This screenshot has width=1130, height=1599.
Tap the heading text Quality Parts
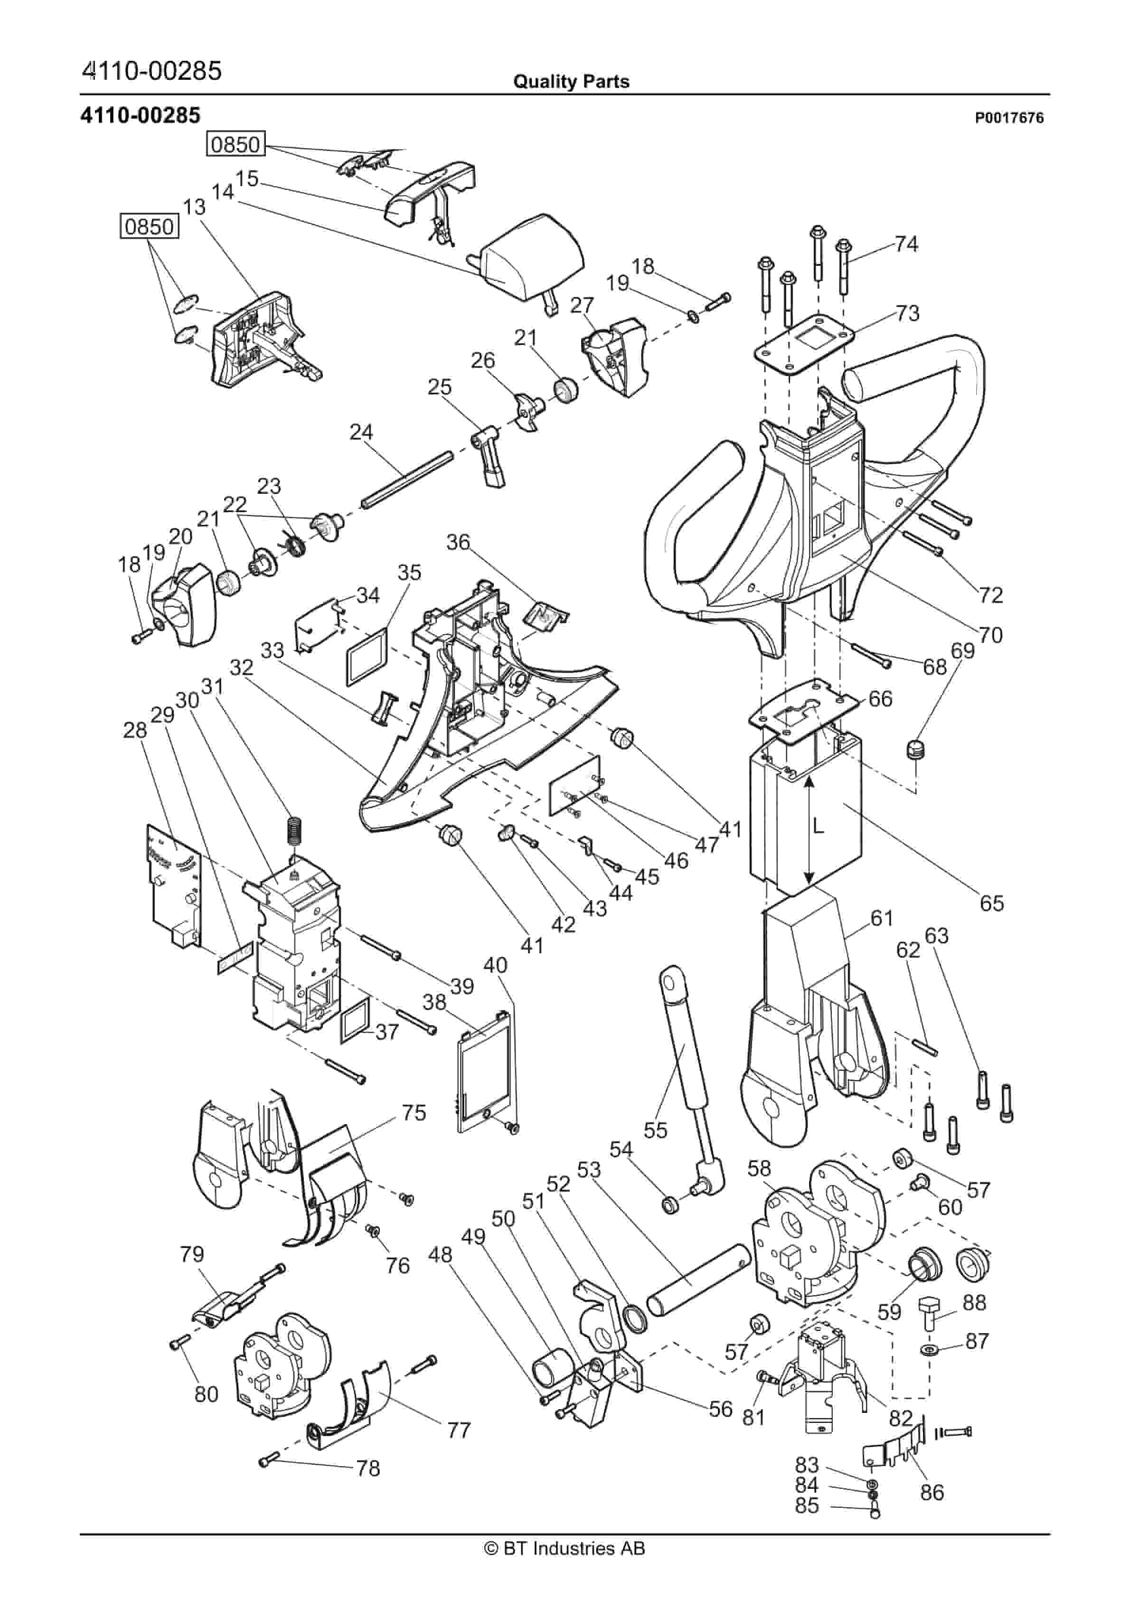click(x=571, y=82)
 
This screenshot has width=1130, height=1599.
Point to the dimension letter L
click(x=819, y=827)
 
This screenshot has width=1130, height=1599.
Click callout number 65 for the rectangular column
click(x=991, y=903)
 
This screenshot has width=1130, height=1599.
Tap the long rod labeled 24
click(x=407, y=480)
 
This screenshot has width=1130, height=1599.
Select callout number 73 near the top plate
click(x=907, y=313)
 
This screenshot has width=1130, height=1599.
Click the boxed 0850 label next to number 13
click(x=149, y=227)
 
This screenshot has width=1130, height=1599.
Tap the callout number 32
click(x=242, y=668)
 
